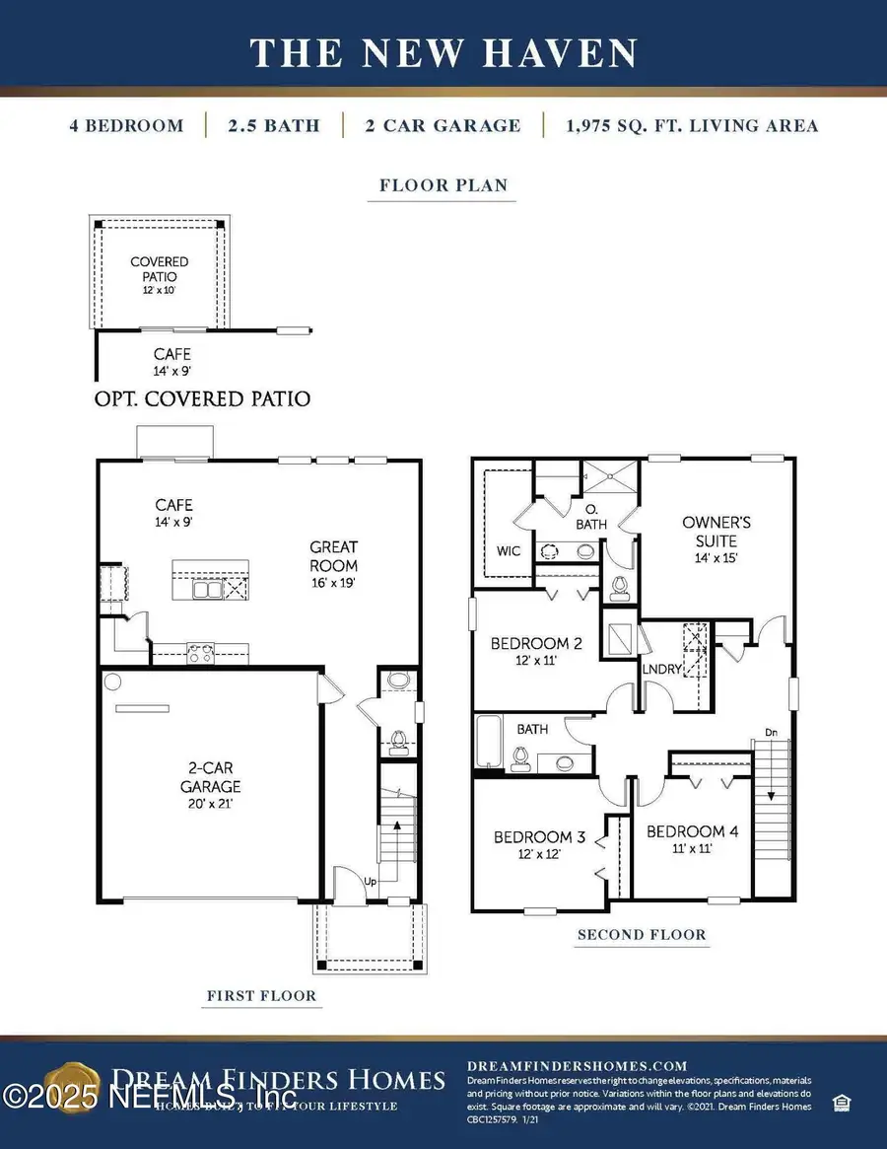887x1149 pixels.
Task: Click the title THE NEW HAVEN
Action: (x=443, y=53)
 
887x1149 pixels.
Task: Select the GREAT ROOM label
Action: (x=333, y=556)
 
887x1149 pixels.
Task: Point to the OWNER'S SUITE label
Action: (x=716, y=532)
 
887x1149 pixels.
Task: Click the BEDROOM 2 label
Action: (x=536, y=644)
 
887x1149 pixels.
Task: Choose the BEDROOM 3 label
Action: (x=539, y=837)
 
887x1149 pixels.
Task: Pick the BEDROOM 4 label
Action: (x=692, y=831)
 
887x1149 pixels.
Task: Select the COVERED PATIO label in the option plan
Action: (x=160, y=269)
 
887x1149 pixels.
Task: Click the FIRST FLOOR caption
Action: (x=261, y=996)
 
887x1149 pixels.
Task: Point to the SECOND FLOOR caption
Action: (x=642, y=935)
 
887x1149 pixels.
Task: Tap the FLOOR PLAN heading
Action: (x=443, y=185)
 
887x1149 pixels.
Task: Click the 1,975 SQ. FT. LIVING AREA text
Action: (x=693, y=126)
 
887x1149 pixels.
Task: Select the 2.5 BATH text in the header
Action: (x=273, y=126)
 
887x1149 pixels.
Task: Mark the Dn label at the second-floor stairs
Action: (x=772, y=732)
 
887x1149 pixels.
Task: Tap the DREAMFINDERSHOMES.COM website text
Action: (x=577, y=1066)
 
